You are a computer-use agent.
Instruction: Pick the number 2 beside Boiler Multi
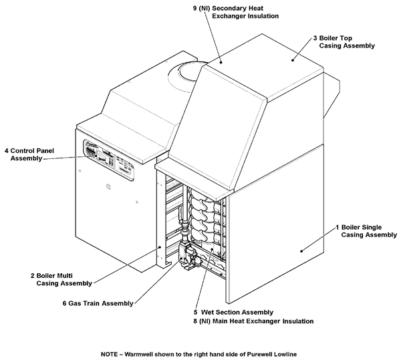pyautogui.click(x=31, y=275)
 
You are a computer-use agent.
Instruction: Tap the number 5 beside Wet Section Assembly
pyautogui.click(x=194, y=312)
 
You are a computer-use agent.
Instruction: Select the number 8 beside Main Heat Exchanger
pyautogui.click(x=194, y=321)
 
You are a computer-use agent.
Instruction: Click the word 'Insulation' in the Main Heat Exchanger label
pyautogui.click(x=292, y=321)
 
